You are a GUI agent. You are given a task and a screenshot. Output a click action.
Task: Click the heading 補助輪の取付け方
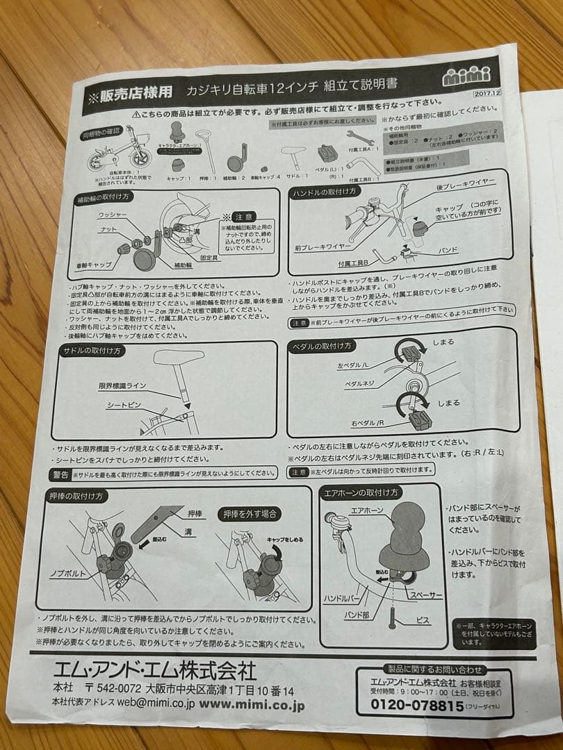pyautogui.click(x=104, y=198)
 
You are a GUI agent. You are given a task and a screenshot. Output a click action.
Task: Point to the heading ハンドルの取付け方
pyautogui.click(x=325, y=192)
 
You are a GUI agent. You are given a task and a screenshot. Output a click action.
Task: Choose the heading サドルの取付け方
pyautogui.click(x=92, y=351)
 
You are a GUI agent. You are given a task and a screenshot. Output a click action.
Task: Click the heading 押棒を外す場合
pyautogui.click(x=250, y=514)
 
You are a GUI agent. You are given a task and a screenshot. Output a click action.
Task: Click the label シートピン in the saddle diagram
pyautogui.click(x=124, y=404)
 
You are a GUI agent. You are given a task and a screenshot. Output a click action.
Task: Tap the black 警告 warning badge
pyautogui.click(x=61, y=474)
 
